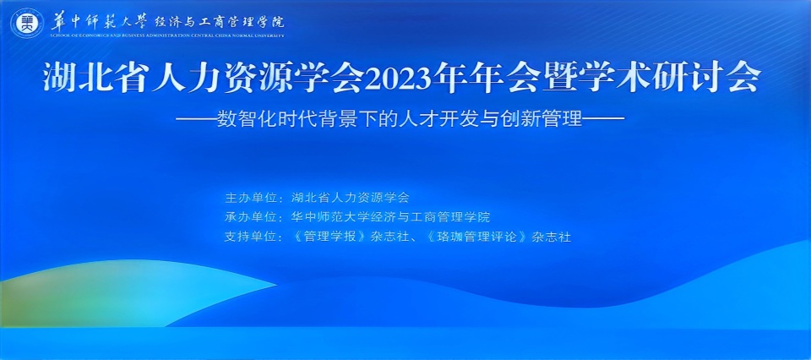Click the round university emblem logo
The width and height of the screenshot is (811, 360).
click(27, 22)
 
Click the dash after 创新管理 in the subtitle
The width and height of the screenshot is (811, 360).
click(604, 118)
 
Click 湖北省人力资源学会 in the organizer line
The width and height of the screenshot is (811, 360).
click(350, 198)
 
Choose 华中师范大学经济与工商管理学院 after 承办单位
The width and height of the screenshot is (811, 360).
click(390, 217)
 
